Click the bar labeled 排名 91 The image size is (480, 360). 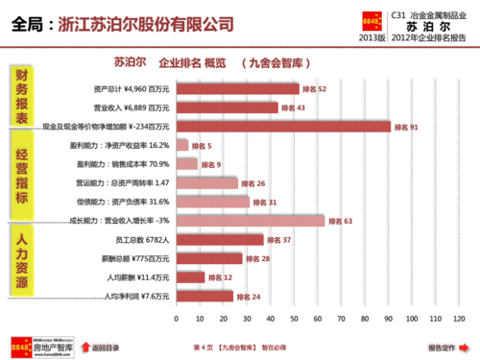click(x=283, y=126)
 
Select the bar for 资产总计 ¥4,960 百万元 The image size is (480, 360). click(x=237, y=88)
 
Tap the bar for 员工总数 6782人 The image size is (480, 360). click(x=219, y=239)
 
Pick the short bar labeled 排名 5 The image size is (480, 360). click(x=181, y=145)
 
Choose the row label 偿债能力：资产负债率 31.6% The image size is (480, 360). click(x=124, y=202)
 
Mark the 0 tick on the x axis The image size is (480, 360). click(x=176, y=318)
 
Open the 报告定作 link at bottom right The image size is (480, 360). click(x=442, y=347)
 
